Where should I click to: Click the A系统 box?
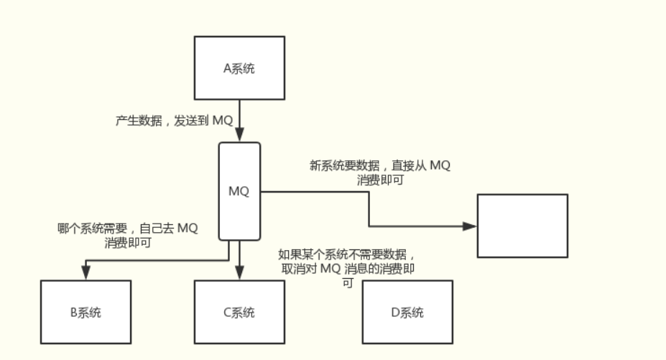click(239, 68)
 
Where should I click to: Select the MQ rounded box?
click(239, 191)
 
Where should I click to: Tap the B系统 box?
click(85, 311)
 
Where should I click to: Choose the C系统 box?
click(239, 311)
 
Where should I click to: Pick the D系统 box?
click(407, 311)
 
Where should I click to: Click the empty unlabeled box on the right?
click(522, 226)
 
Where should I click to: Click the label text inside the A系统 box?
click(239, 69)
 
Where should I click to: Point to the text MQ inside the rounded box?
click(239, 191)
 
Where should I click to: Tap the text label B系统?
click(85, 313)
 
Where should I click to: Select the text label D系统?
click(407, 313)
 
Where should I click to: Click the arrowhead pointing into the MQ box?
click(239, 135)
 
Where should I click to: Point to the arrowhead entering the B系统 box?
click(85, 273)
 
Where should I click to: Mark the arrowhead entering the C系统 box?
click(239, 273)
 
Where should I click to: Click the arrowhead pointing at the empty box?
click(470, 226)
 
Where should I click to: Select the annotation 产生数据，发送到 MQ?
click(174, 121)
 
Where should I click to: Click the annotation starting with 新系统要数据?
click(380, 172)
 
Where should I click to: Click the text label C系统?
click(239, 313)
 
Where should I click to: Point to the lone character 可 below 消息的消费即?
click(348, 283)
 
